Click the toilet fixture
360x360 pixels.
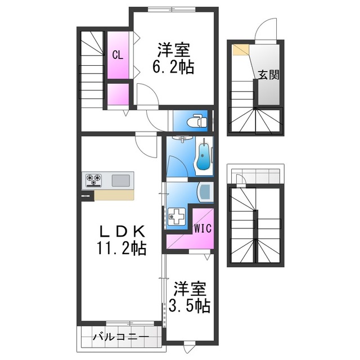coord(197,121)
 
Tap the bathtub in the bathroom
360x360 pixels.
coord(204,157)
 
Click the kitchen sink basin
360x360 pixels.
coord(121,180)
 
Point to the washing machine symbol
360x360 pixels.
coord(176,216)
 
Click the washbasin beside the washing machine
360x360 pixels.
coord(205,191)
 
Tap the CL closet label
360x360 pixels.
coord(118,55)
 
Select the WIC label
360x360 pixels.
coord(202,228)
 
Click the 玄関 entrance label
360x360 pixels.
coord(269,75)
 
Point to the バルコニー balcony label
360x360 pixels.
coord(121,337)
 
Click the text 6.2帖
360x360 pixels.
coord(173,66)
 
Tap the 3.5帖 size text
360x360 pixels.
coord(190,305)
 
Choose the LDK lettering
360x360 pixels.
coord(123,231)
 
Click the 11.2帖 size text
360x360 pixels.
coord(121,248)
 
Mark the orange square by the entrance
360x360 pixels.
coord(240,50)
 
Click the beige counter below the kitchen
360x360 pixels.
coord(114,195)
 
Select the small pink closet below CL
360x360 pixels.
coord(118,94)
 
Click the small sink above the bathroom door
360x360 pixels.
coord(182,138)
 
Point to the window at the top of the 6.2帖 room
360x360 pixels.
coord(171,9)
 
